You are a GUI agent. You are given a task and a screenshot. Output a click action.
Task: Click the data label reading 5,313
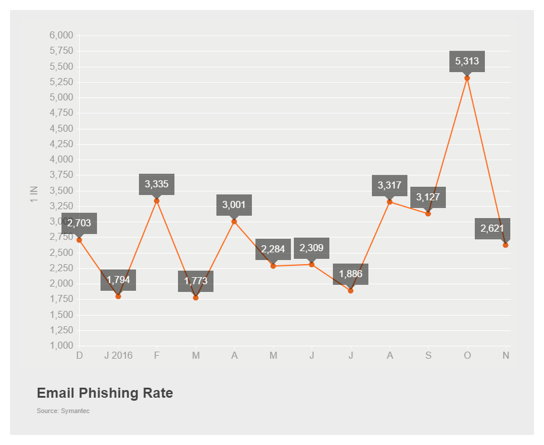coord(467,61)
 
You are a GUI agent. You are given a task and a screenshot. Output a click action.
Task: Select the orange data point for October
coord(467,78)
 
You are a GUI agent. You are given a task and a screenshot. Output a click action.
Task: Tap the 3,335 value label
coord(157,184)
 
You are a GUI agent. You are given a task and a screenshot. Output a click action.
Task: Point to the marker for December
coord(79,240)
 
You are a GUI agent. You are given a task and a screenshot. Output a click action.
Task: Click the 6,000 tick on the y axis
coord(61,35)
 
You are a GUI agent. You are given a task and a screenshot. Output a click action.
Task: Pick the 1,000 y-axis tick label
coord(61,346)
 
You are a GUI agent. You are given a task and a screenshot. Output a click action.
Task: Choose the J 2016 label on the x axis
coord(118,356)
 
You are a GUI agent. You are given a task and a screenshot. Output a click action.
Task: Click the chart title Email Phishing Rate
coord(105,393)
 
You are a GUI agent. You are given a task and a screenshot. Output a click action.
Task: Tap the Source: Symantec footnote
coord(63,411)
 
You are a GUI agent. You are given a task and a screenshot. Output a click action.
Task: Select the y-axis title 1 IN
coord(34,194)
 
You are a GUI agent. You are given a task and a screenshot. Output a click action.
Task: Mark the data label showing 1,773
coord(196,281)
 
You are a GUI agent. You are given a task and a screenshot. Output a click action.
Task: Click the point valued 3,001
coord(234,222)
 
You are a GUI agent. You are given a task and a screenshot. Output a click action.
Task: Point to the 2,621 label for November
coord(492,228)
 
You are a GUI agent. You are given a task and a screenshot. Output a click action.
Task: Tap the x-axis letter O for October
coord(467,356)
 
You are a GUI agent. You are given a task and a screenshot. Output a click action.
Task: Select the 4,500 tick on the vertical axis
coord(61,129)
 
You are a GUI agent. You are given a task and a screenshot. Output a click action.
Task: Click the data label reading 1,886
coord(351,274)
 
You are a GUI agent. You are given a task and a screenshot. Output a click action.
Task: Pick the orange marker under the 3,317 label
coord(390,202)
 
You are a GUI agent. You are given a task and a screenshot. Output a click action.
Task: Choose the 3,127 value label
coord(428,197)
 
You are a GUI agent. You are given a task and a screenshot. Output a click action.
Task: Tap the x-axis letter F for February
coord(157,356)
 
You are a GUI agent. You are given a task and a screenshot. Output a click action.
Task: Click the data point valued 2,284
coord(273,266)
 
